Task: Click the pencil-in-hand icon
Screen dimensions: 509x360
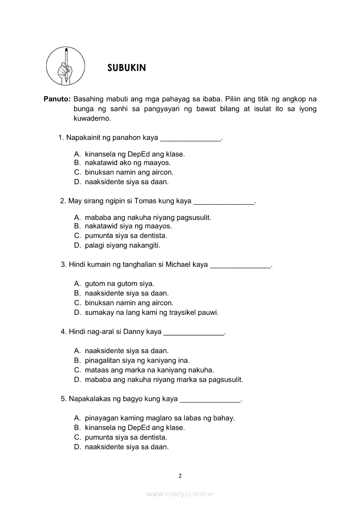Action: coord(65,67)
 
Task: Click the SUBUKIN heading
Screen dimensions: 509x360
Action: coord(126,68)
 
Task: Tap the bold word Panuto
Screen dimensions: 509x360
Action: coord(57,99)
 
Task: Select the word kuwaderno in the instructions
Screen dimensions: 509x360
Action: coord(92,118)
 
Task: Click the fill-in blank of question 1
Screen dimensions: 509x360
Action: coord(191,138)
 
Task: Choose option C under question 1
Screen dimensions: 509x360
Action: coord(124,172)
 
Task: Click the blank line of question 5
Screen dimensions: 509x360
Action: coord(210,399)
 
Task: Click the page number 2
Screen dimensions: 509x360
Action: coord(180,476)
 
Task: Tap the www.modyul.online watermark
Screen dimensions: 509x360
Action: coord(180,494)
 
